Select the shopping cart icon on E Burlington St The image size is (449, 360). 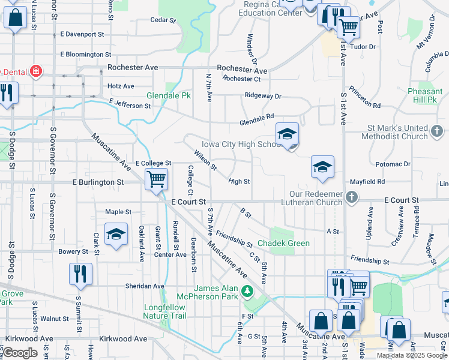click(156, 179)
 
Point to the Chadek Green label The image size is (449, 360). click(283, 243)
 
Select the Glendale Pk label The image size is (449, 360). click(169, 95)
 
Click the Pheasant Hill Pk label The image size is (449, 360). click(425, 96)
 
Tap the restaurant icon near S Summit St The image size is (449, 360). click(80, 274)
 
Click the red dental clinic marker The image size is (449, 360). click(37, 71)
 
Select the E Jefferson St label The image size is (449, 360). click(130, 106)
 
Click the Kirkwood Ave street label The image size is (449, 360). click(123, 339)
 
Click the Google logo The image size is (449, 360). click(20, 353)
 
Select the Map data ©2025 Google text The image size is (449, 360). click(412, 355)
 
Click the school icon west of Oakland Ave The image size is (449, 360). click(116, 235)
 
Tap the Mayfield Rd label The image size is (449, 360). click(367, 181)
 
